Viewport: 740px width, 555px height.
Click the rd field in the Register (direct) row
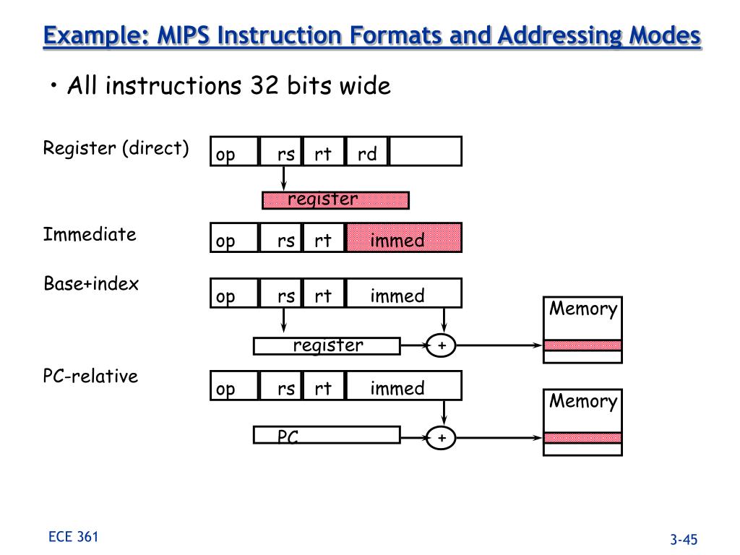coord(366,152)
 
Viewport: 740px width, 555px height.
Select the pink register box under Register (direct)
coord(335,200)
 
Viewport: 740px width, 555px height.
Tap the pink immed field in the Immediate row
coord(404,238)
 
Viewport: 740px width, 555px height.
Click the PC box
coord(327,435)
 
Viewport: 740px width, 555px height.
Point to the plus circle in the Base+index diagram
coord(441,345)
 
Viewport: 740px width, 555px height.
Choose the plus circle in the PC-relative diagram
coord(441,438)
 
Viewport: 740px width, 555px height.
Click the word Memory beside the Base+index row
coord(583,309)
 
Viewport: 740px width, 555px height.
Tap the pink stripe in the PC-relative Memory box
coord(582,437)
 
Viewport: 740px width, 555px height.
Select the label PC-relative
coord(90,376)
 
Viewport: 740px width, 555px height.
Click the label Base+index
coord(91,283)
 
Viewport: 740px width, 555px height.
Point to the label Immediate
coord(90,234)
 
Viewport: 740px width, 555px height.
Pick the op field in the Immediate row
coord(235,238)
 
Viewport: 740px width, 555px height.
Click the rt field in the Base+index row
coord(323,293)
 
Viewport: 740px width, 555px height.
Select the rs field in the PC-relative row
coord(280,386)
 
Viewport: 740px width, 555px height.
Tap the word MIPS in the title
coord(183,35)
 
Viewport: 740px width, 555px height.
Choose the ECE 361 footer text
coord(73,537)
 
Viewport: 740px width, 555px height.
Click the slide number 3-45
coord(684,539)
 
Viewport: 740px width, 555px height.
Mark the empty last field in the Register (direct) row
coord(426,152)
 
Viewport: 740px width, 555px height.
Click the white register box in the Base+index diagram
coord(327,346)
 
